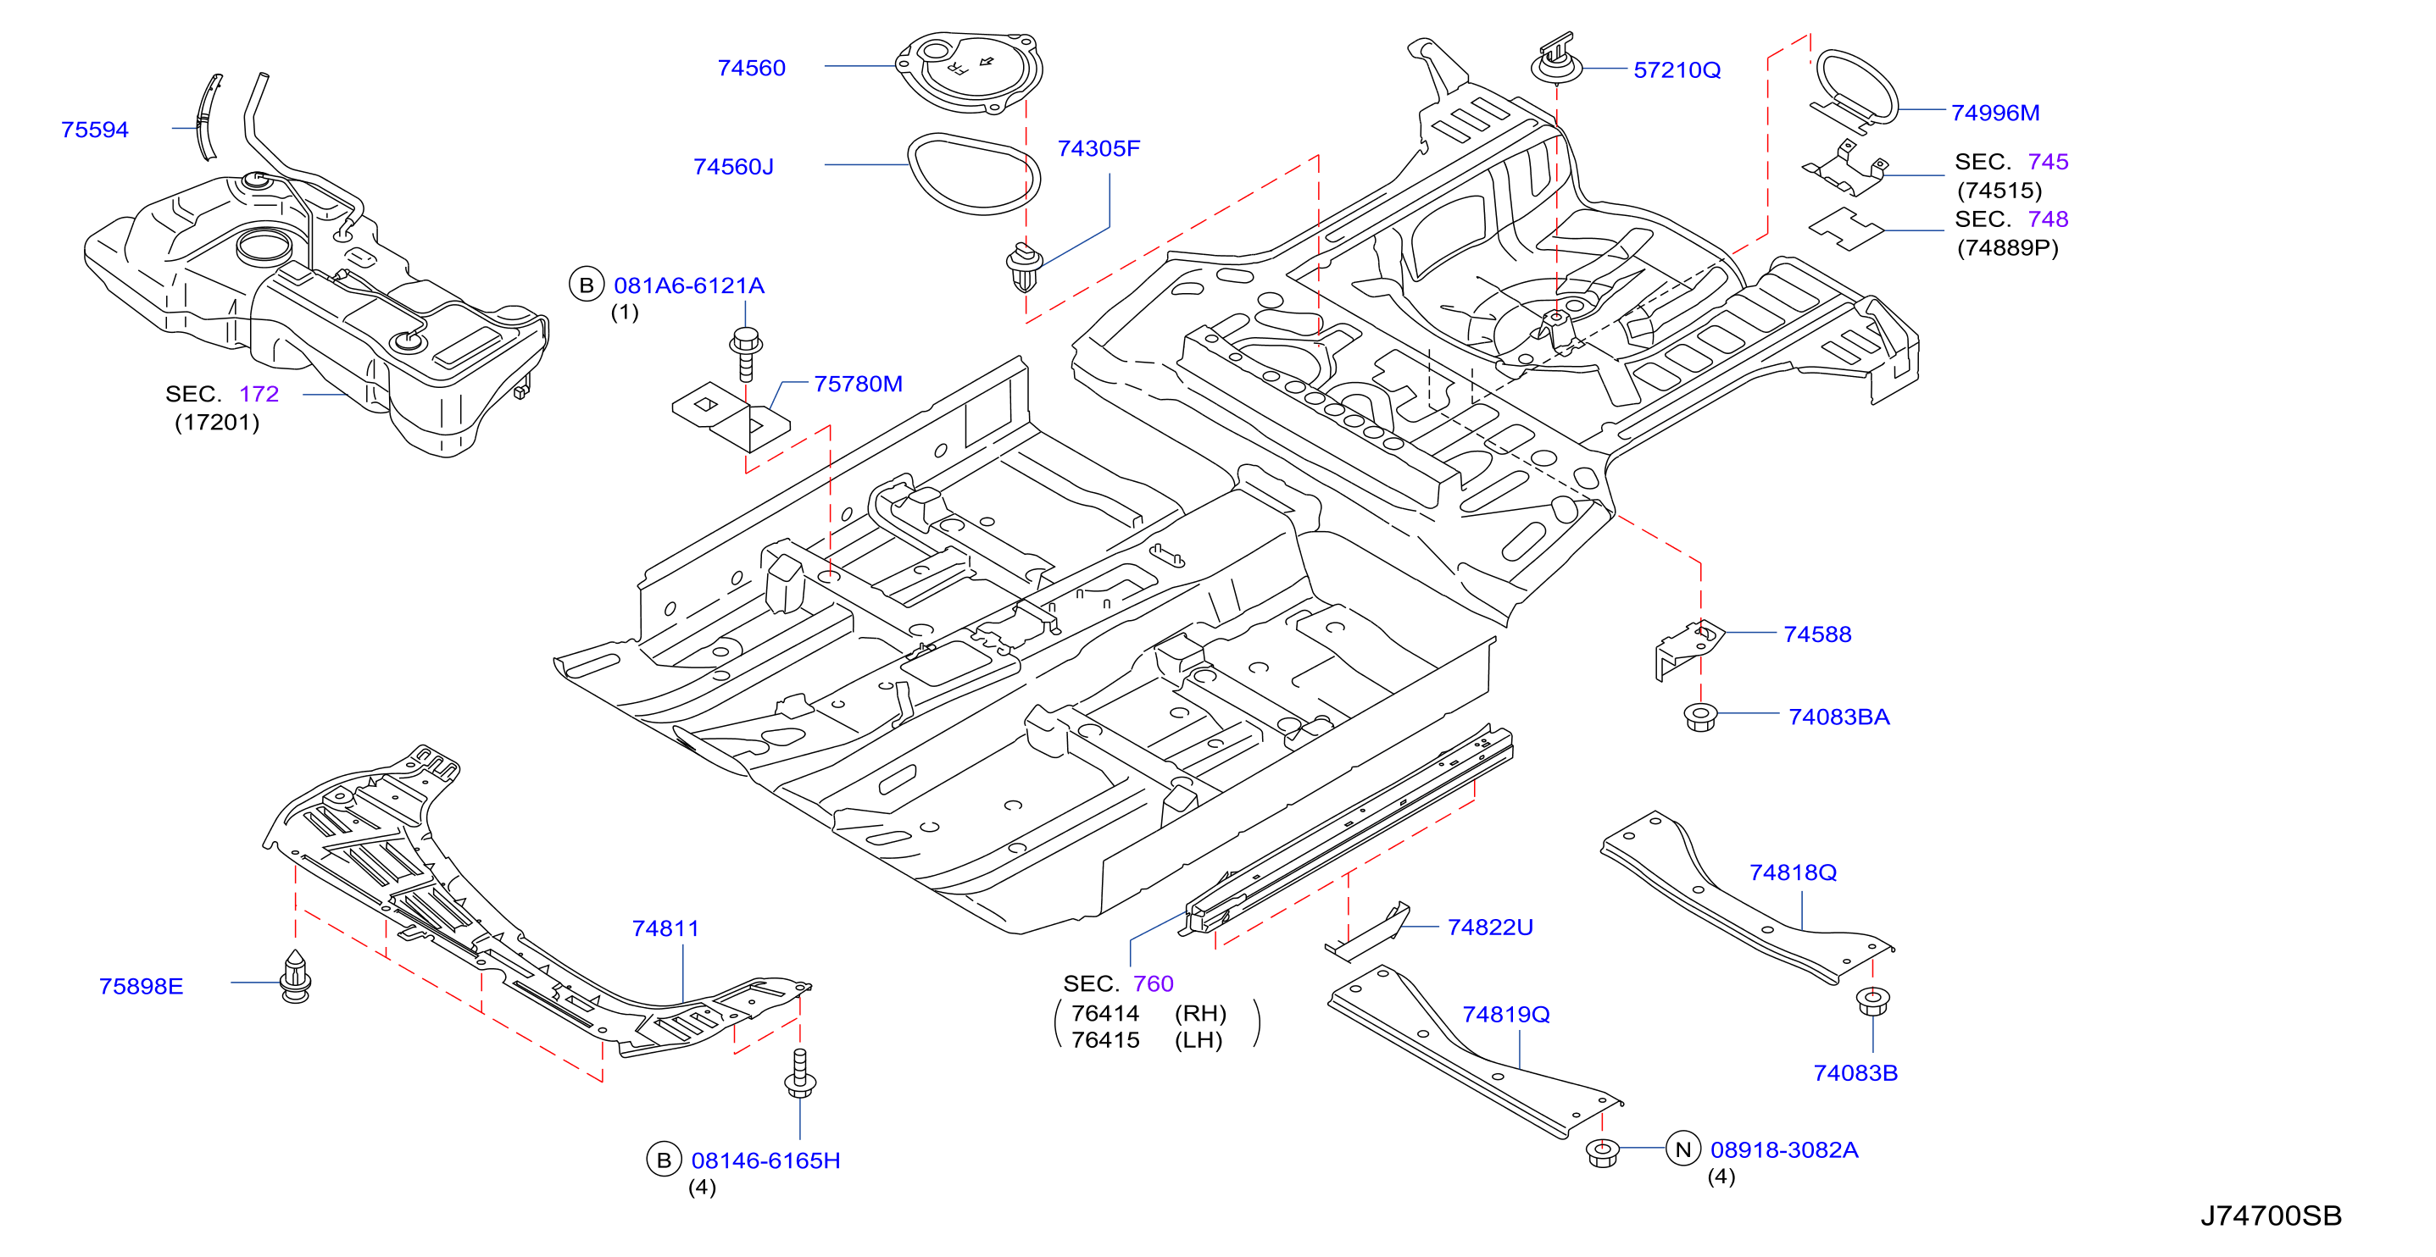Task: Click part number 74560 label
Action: pos(751,68)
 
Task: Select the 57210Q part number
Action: pos(1677,70)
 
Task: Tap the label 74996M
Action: pos(1995,113)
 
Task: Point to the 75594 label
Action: pos(95,130)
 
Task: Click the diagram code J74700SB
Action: pos(2271,1215)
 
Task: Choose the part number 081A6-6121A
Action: pos(688,285)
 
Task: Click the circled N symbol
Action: pos(1682,1149)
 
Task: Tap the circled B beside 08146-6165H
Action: pos(664,1160)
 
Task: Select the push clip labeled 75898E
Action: pos(296,977)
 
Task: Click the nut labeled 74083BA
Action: pos(1700,717)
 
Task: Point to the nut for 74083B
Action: pos(1872,1002)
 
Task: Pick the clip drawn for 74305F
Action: pos(1025,268)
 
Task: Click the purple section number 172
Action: pos(259,394)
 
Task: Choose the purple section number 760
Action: pos(1153,984)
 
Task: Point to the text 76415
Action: pos(1104,1039)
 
